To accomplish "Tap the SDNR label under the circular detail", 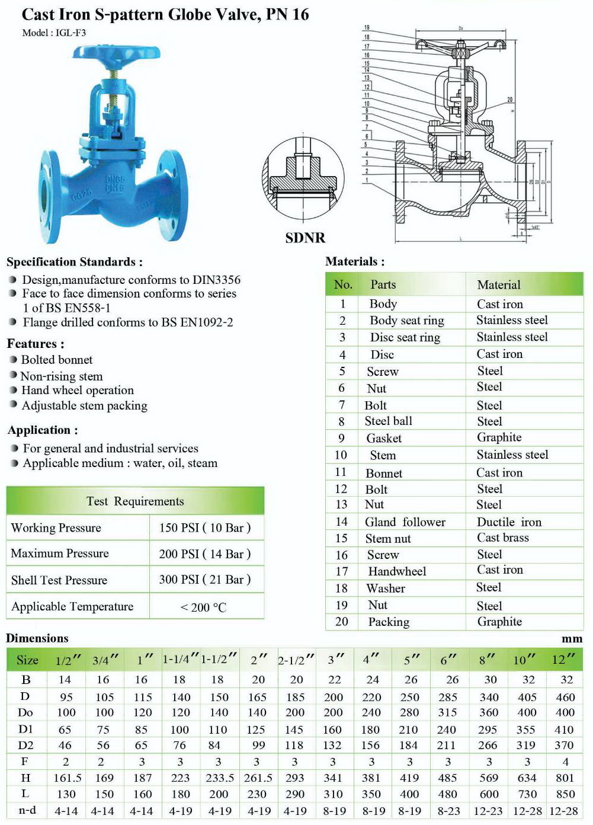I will (305, 238).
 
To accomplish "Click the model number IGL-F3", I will (70, 33).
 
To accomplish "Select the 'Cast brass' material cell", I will (502, 538).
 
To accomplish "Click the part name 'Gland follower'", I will (405, 522).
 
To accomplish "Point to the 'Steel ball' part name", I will (388, 421).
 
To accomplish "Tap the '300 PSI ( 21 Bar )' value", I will (204, 580).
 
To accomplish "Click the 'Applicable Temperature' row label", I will (72, 606).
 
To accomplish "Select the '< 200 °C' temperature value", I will (203, 607).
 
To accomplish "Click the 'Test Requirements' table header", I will (135, 501).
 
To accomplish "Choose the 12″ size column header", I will (563, 660).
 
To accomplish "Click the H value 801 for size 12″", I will (565, 778).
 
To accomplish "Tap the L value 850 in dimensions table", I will (565, 794).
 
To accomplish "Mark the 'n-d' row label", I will (27, 810).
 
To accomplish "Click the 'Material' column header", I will (499, 285).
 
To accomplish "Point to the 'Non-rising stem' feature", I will (62, 376).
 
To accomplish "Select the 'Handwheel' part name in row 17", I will (397, 571).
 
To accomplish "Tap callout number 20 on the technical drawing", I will (510, 100).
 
